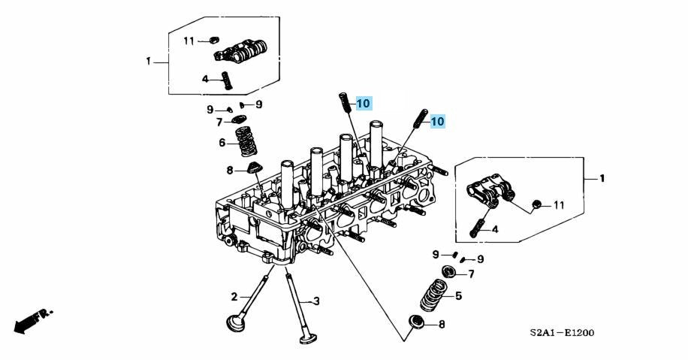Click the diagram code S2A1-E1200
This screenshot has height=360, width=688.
(561, 333)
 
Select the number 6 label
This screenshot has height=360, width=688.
(222, 143)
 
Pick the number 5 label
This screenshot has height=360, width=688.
(458, 296)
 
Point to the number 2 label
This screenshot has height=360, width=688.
(234, 296)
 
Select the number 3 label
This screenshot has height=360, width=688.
(316, 301)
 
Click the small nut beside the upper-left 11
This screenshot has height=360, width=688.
(212, 39)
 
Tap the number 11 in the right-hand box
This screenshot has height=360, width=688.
(558, 205)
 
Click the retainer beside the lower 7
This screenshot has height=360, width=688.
(450, 271)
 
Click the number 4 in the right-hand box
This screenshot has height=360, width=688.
(495, 229)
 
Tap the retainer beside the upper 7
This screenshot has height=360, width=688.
(240, 119)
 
